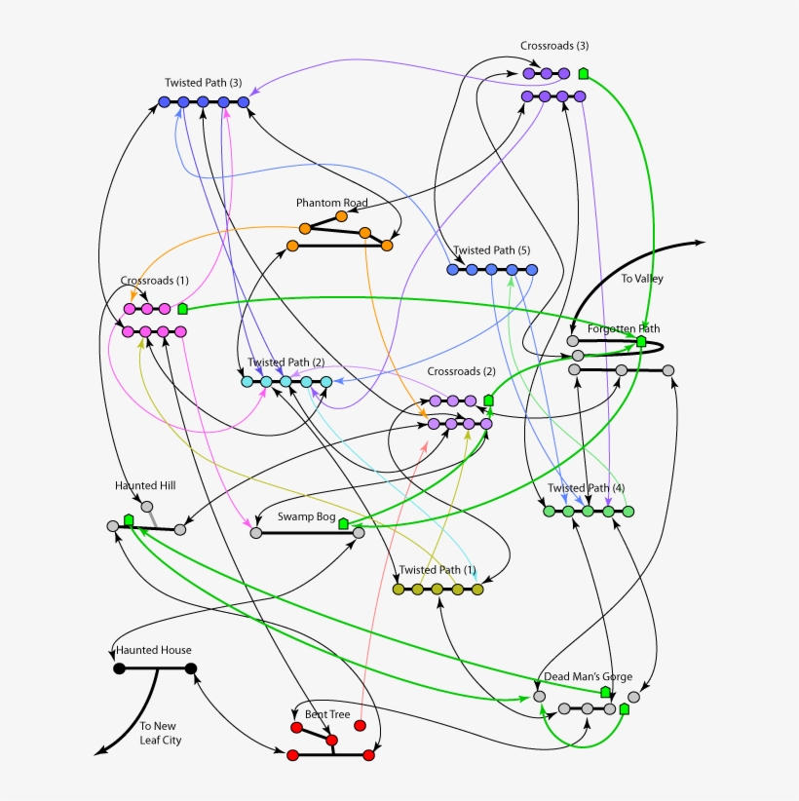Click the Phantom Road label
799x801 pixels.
click(x=332, y=203)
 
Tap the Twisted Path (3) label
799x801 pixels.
click(x=204, y=83)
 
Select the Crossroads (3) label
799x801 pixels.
click(x=554, y=46)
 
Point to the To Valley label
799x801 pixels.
click(x=642, y=279)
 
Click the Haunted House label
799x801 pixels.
click(x=154, y=650)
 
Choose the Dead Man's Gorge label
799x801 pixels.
click(x=588, y=676)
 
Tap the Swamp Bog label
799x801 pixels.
click(x=307, y=516)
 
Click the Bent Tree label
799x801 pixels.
click(x=327, y=714)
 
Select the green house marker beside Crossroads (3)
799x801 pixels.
click(x=584, y=73)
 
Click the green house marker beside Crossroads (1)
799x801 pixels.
click(x=182, y=309)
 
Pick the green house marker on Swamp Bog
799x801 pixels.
click(x=343, y=523)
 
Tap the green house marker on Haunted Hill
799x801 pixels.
click(x=129, y=520)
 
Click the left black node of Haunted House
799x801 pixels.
click(x=119, y=668)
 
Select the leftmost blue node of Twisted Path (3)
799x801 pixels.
click(x=164, y=102)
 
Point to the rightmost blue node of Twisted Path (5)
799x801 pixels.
click(x=532, y=270)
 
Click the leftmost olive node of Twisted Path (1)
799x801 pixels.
click(x=399, y=590)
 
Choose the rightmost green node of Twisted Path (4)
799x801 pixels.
click(x=628, y=512)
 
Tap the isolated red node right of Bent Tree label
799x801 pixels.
click(x=360, y=725)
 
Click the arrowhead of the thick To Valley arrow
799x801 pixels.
click(x=700, y=243)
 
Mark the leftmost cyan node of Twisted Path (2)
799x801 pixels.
click(x=247, y=382)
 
